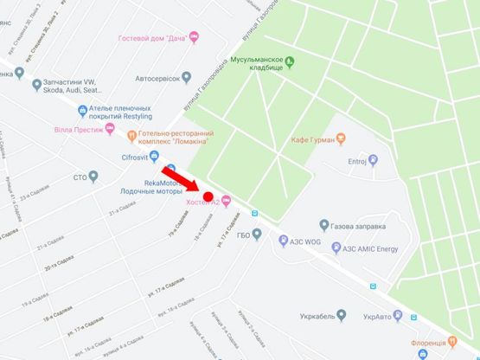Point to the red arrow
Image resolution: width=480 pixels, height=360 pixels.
point(181,174)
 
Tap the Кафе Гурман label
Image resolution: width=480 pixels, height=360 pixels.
point(311,139)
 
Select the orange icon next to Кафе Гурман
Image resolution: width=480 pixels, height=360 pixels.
point(341,138)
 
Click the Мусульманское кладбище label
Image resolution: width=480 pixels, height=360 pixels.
point(257,66)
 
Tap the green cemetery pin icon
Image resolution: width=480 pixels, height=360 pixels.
point(291,61)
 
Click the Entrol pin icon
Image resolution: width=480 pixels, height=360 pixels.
point(373,160)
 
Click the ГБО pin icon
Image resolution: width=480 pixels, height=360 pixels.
point(256,233)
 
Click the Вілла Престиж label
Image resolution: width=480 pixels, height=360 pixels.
point(75,130)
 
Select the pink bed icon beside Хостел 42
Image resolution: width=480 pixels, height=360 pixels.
point(227,202)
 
